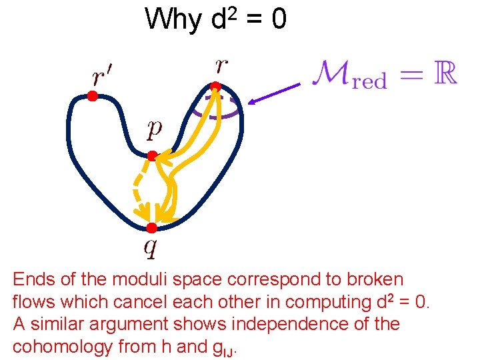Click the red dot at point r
coord(215,86)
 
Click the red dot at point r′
coord(93,97)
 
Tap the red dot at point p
coord(152,156)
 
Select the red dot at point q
coord(151,228)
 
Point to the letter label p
coord(154,129)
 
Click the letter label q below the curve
coord(151,249)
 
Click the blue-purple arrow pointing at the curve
coord(274,93)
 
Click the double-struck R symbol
coord(444,73)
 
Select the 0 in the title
coord(279,19)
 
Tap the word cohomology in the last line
coord(65,347)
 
